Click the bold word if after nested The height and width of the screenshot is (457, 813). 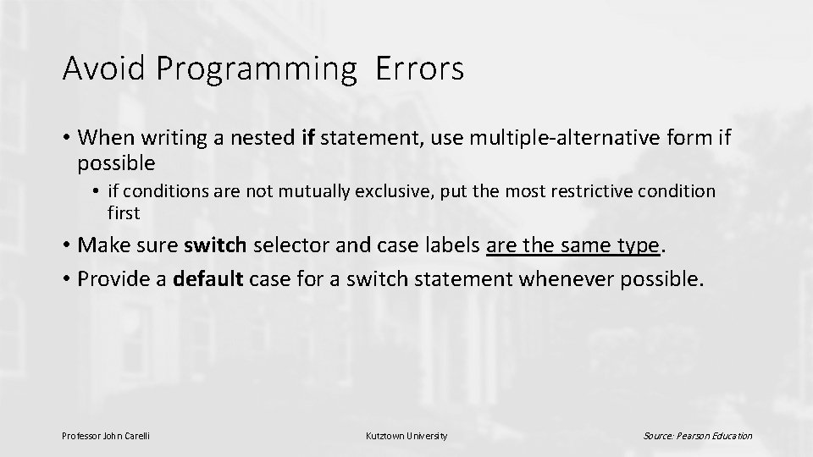(x=308, y=138)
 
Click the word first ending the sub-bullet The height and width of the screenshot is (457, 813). (x=124, y=212)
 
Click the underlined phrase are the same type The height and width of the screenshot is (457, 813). (x=573, y=245)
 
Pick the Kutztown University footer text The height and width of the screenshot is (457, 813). (x=406, y=436)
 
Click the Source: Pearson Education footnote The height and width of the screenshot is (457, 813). (x=697, y=436)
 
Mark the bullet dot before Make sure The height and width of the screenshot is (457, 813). (x=66, y=246)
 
